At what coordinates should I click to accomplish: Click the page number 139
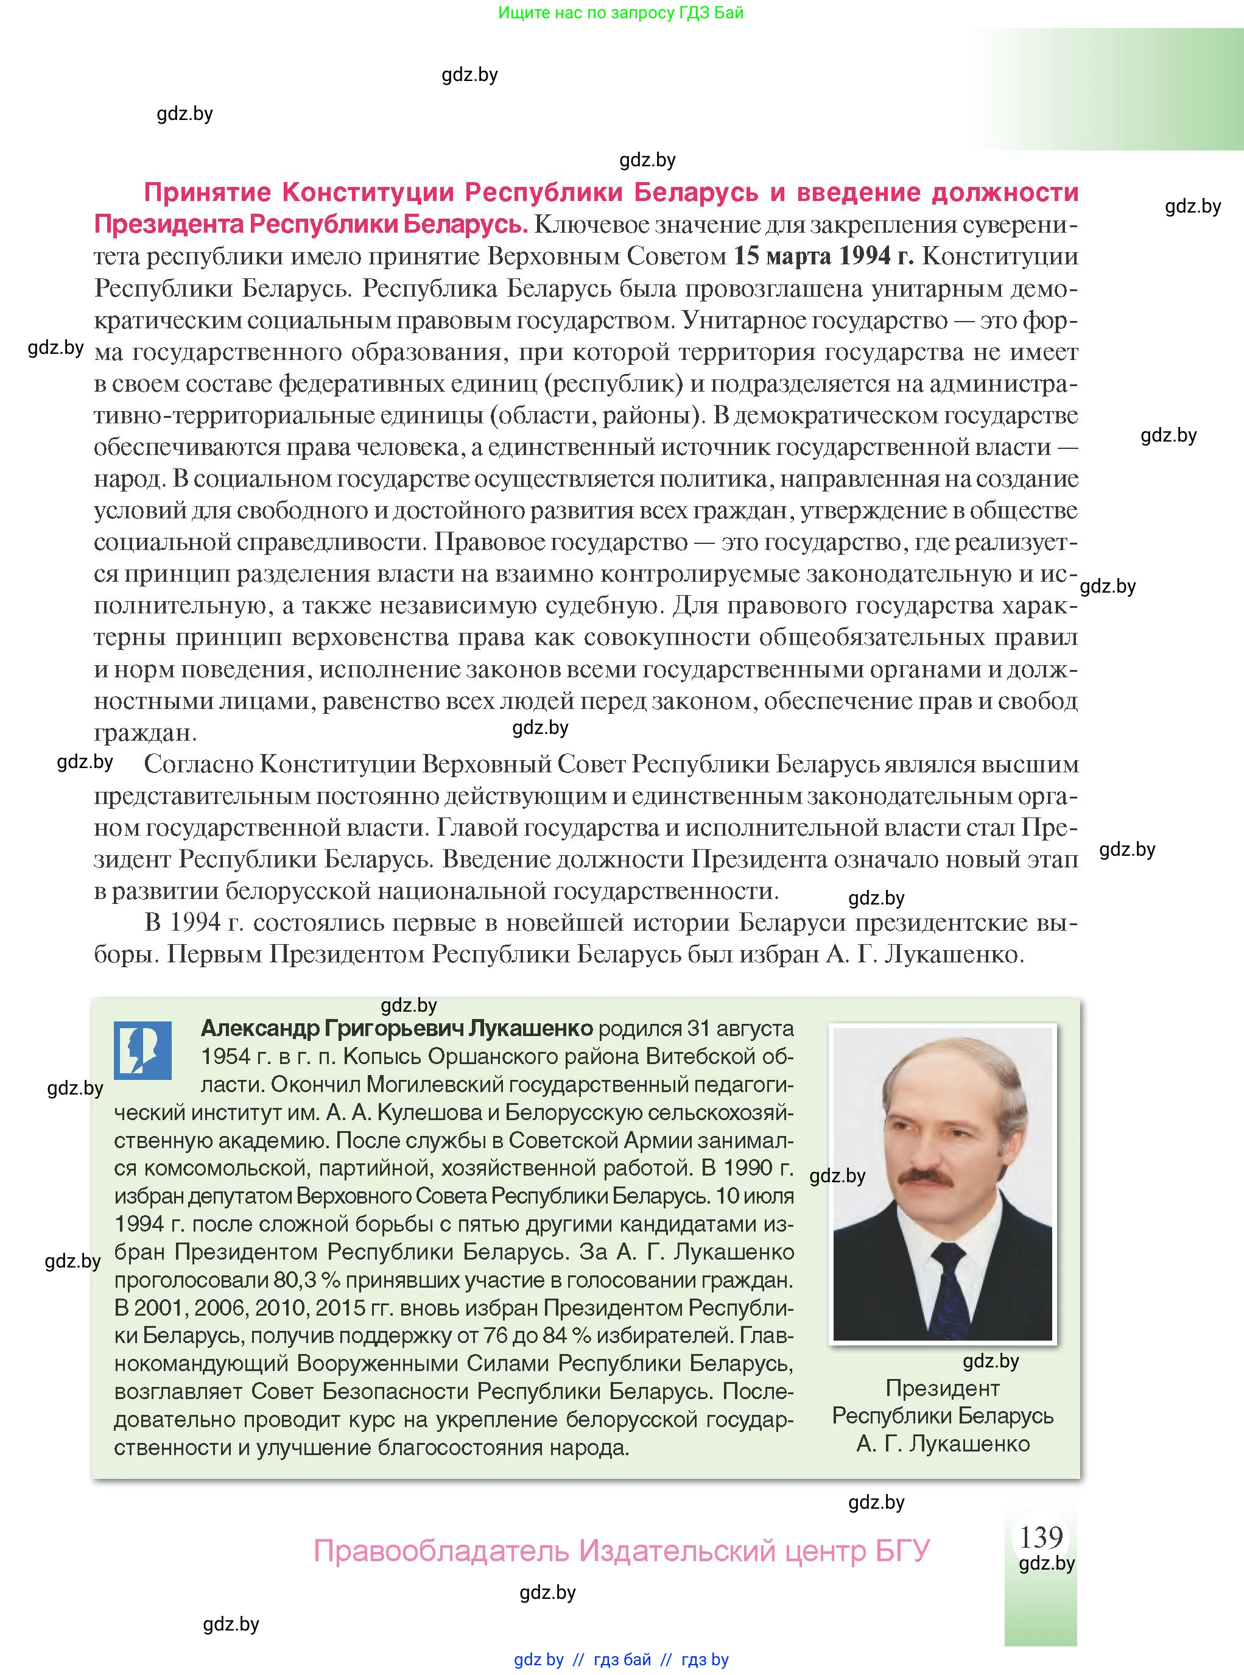(x=1041, y=1536)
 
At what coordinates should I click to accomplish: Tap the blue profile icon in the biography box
(x=142, y=1050)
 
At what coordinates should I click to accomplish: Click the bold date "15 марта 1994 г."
(x=823, y=256)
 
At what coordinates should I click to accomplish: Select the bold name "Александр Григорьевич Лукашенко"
(x=397, y=1028)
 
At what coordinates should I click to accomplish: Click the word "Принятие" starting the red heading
(x=207, y=193)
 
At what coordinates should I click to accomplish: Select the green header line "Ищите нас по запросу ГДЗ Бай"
(x=620, y=13)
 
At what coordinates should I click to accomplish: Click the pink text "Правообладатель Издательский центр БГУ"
(x=621, y=1551)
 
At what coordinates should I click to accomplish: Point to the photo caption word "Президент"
(x=942, y=1388)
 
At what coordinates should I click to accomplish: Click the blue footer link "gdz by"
(x=538, y=1659)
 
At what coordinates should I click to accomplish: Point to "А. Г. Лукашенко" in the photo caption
(x=942, y=1444)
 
